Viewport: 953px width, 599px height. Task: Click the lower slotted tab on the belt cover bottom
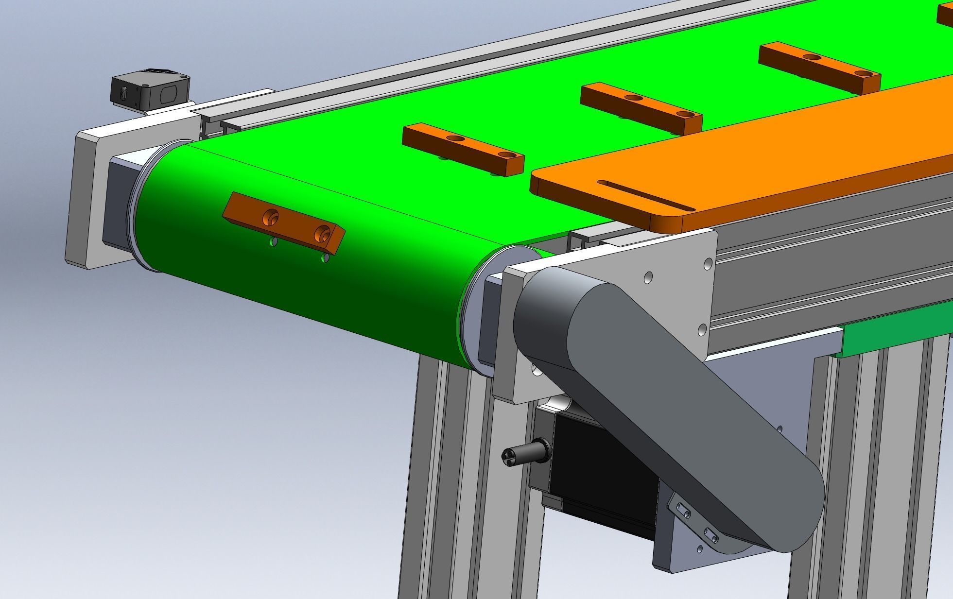tap(710, 536)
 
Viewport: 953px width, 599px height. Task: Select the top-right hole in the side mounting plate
tap(708, 264)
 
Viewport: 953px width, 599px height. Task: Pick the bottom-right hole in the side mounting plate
tap(702, 330)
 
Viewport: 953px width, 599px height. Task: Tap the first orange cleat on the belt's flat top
tap(463, 148)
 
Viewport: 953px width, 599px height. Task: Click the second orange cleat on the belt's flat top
tap(641, 108)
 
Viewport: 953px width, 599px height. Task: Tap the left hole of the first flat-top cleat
tap(456, 138)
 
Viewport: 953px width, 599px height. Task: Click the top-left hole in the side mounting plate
tap(647, 277)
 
